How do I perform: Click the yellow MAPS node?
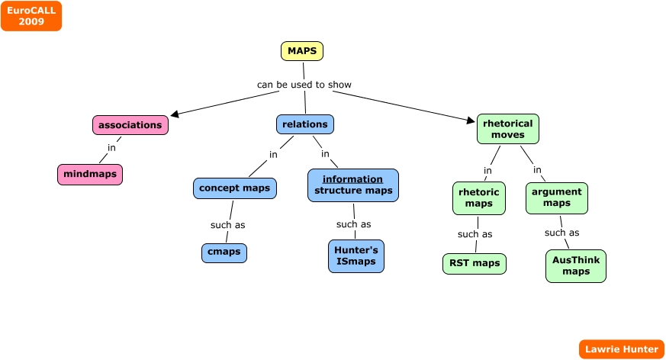tap(302, 51)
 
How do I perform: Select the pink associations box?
tap(130, 125)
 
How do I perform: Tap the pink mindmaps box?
tap(89, 175)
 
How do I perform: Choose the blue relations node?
tap(304, 124)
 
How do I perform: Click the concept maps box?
tap(234, 188)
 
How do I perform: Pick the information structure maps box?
tap(353, 185)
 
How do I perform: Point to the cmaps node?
tap(224, 252)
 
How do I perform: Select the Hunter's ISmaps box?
tap(356, 256)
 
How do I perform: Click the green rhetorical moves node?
tap(508, 129)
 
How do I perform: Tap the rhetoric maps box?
tap(478, 198)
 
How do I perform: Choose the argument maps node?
tap(557, 198)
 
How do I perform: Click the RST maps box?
tap(474, 264)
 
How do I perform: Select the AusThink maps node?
tap(576, 265)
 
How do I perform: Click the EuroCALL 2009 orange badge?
tap(31, 16)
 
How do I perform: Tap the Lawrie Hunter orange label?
tap(620, 349)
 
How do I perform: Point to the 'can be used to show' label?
tap(304, 85)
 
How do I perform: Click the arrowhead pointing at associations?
tap(175, 114)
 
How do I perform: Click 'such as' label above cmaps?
tap(227, 225)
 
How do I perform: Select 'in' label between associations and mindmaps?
tap(111, 148)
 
